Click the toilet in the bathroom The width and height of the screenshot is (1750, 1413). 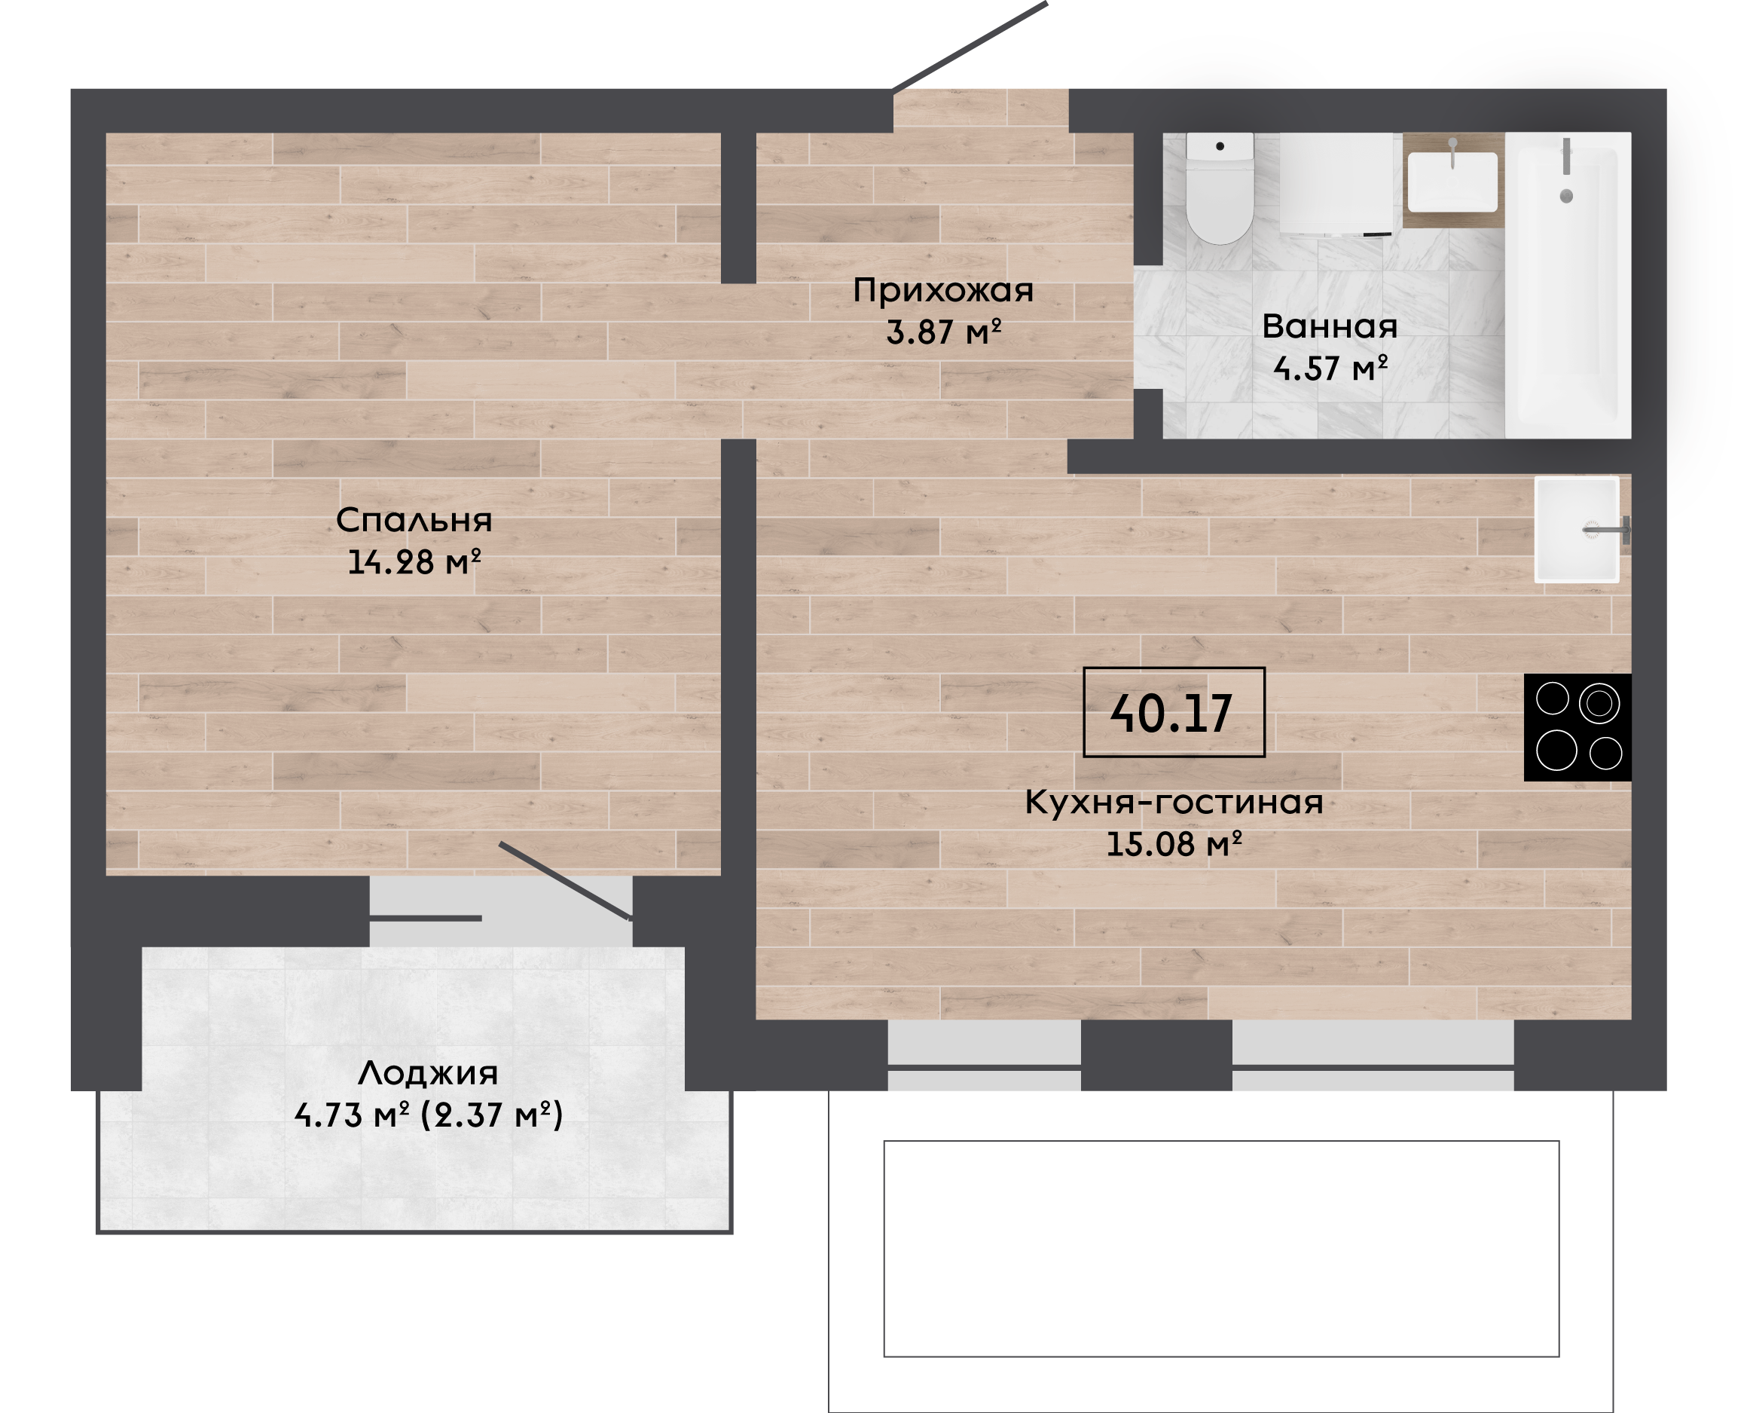1219,188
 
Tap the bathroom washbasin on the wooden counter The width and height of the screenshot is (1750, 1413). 1452,182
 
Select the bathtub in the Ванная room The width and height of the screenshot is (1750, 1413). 1568,286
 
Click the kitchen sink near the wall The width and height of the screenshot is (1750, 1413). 1577,530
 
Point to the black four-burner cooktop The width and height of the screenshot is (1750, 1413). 1577,728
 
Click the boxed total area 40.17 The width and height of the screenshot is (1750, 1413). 1173,712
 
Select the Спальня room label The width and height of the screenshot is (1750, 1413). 414,520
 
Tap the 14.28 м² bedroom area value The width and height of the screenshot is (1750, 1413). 414,561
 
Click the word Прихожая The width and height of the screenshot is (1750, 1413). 943,291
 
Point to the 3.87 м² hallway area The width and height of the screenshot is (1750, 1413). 943,332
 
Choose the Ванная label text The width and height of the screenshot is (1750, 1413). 1330,326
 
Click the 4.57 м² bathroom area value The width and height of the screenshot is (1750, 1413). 1330,368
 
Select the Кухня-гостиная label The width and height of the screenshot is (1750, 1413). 1173,803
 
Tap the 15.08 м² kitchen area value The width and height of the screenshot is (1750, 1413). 1173,844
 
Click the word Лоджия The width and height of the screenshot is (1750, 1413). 428,1074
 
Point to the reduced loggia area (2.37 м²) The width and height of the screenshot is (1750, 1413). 491,1115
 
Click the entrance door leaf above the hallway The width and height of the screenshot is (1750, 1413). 969,47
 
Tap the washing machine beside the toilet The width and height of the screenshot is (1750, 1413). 1336,184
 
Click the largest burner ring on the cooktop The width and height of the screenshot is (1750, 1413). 1556,750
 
